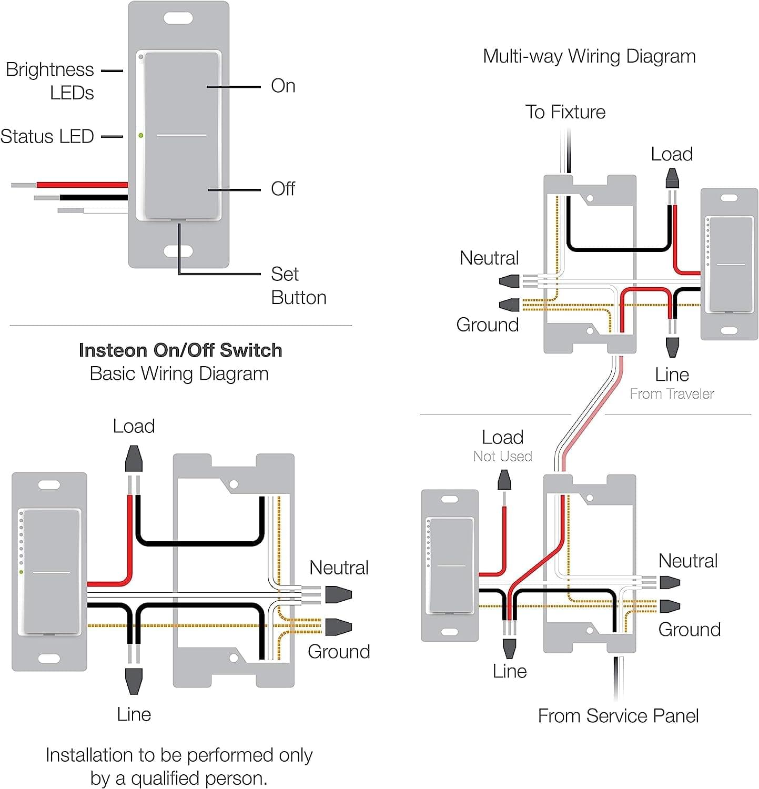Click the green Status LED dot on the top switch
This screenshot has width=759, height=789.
[x=141, y=136]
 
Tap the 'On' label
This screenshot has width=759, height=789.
[x=283, y=86]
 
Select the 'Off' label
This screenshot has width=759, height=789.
[x=283, y=188]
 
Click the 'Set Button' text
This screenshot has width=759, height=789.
[x=298, y=286]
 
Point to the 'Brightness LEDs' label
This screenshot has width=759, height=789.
[x=50, y=81]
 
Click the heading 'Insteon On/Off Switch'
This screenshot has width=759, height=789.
[x=180, y=350]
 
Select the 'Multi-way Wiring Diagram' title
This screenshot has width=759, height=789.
[x=589, y=56]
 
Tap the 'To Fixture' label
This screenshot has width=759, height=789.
[x=565, y=112]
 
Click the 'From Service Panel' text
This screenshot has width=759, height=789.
[x=618, y=716]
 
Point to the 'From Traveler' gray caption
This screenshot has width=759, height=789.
[x=672, y=394]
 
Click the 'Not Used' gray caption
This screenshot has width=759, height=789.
[x=502, y=457]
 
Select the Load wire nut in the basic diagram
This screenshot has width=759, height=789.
[x=134, y=459]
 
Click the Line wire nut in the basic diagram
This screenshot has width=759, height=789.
[x=134, y=681]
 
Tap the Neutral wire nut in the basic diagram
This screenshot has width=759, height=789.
[x=338, y=595]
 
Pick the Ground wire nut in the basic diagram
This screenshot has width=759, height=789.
[x=338, y=627]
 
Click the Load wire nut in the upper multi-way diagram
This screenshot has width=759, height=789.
[x=672, y=178]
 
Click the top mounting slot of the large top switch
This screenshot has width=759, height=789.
[x=178, y=18]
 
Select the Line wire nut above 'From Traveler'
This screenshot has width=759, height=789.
[x=672, y=347]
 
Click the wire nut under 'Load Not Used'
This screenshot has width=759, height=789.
[x=504, y=480]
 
